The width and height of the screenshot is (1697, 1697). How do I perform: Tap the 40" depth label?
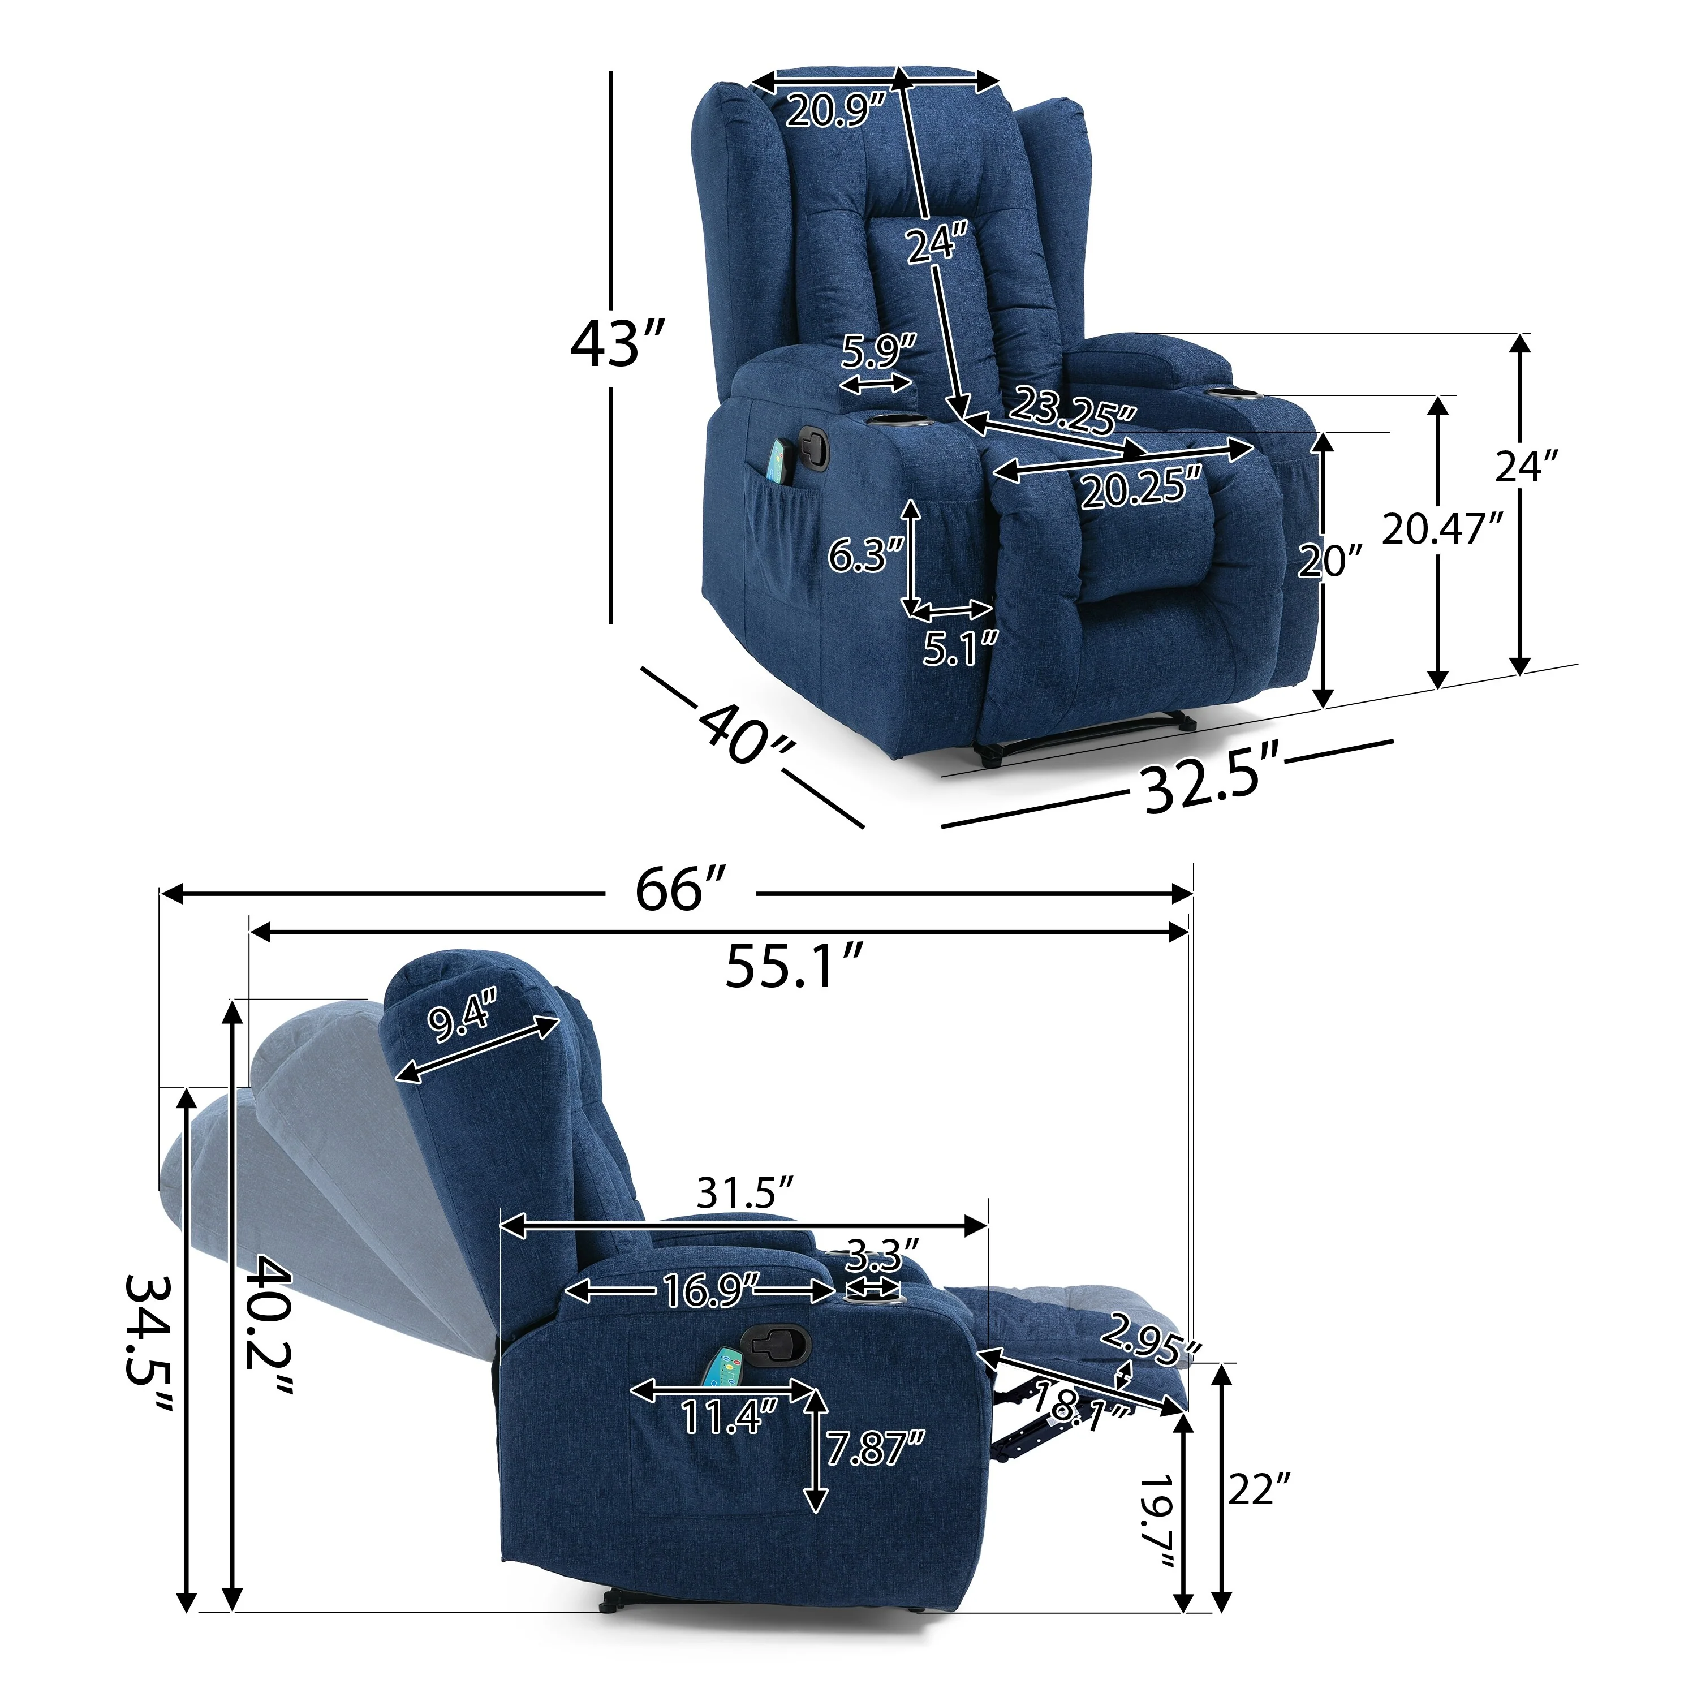point(746,734)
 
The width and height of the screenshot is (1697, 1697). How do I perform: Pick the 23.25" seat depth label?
point(1071,410)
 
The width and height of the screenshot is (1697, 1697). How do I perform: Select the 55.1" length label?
point(795,964)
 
